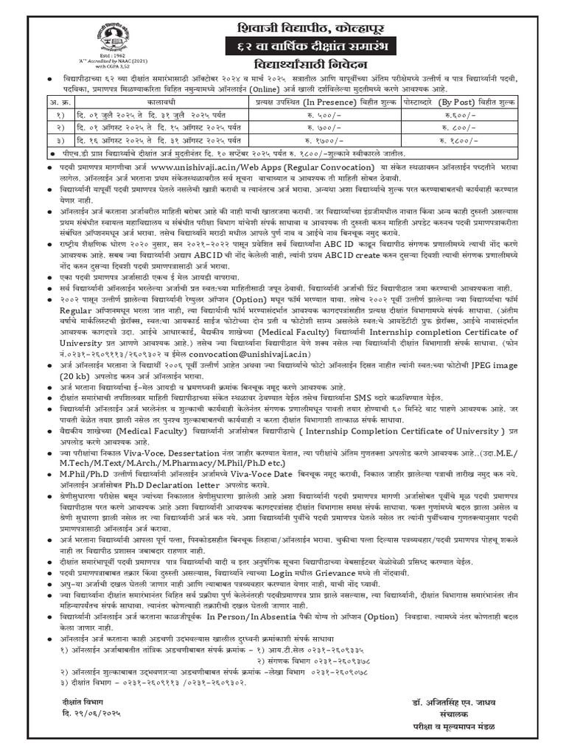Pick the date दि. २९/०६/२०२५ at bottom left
(88, 717)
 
